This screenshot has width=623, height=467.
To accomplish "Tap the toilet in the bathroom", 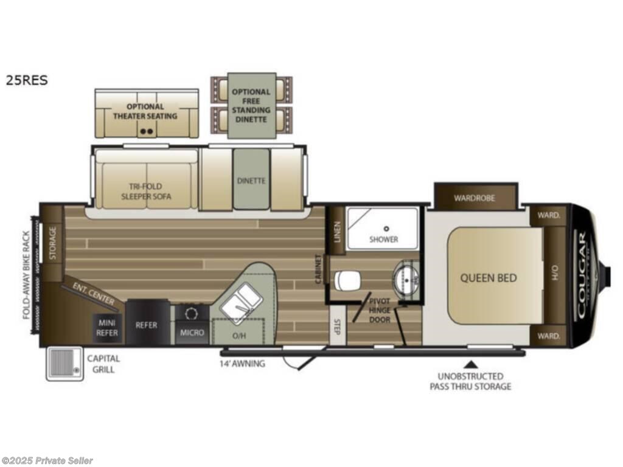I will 347,280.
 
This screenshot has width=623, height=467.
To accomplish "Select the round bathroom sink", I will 404,280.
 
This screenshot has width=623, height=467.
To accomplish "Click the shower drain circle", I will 386,229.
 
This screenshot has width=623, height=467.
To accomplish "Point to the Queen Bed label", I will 488,278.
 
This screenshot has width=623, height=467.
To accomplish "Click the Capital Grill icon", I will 63,363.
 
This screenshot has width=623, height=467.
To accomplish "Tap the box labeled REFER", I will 147,325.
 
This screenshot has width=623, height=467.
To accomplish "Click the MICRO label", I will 192,333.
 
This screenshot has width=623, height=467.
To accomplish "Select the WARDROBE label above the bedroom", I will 475,198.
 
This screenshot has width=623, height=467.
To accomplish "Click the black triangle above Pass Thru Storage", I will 470,365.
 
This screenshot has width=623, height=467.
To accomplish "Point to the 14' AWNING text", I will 242,364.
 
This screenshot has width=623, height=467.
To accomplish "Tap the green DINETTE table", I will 251,179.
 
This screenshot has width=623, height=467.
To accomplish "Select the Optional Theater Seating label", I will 146,111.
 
